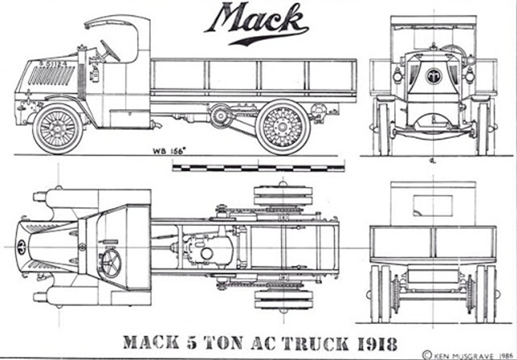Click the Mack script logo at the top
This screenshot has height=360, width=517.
tap(256, 23)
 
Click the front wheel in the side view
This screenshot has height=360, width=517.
tap(57, 128)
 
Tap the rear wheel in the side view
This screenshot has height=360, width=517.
tap(283, 127)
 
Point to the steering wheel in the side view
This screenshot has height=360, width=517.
tap(110, 50)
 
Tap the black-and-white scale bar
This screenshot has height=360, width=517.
tap(258, 167)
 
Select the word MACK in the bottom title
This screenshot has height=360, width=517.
tap(151, 343)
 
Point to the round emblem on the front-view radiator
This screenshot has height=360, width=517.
tap(434, 76)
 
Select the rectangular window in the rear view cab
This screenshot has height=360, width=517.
tap(433, 205)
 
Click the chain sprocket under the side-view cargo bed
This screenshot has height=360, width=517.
tap(221, 116)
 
